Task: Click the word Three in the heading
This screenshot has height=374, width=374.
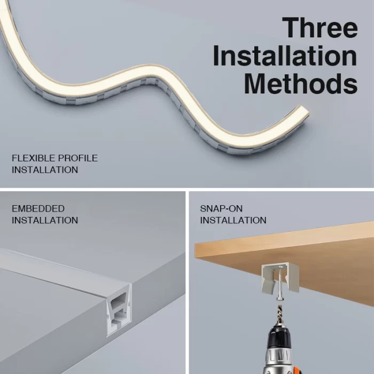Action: pos(320,27)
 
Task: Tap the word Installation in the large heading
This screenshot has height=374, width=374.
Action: pos(285,56)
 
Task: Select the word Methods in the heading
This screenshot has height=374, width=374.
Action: pos(301,83)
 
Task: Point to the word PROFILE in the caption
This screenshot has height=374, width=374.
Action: pos(78,158)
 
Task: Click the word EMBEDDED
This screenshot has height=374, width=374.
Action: pos(38,209)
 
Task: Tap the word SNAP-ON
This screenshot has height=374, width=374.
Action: pos(221,209)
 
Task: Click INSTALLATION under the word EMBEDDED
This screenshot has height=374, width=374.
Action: pos(45,220)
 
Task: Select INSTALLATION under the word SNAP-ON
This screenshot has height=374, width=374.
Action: pos(233,220)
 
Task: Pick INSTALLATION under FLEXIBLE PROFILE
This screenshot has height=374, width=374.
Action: pos(45,170)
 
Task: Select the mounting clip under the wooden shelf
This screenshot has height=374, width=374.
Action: pos(280,278)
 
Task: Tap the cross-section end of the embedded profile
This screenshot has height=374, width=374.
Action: pos(119,310)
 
